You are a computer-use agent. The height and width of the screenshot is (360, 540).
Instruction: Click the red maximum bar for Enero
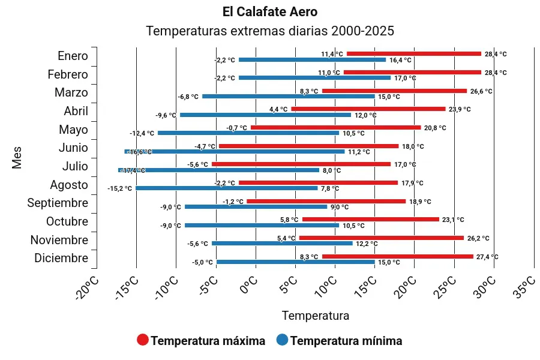coord(414,54)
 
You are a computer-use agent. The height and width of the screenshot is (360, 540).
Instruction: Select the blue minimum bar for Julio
coord(219,170)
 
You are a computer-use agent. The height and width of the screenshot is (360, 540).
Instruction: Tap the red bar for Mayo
coord(336,127)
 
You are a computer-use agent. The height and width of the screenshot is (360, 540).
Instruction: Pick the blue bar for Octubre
coord(262,226)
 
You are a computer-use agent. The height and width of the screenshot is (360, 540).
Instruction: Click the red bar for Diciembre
coord(397,256)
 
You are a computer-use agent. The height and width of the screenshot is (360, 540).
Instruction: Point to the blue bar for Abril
coord(265,115)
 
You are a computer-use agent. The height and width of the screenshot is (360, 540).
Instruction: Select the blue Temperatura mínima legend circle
coord(282,340)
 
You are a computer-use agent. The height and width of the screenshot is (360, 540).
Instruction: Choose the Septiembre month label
coord(58,203)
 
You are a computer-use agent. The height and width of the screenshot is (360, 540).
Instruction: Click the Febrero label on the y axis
coord(68,74)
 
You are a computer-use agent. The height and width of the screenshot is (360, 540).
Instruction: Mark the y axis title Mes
coord(17,157)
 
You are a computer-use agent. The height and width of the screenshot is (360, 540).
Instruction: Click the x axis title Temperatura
coord(315,315)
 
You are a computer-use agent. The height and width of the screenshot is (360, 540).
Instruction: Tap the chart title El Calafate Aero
coord(269,12)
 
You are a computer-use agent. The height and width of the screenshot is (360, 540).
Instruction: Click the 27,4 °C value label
coord(487,257)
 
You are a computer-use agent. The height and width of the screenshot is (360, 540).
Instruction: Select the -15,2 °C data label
coord(120,189)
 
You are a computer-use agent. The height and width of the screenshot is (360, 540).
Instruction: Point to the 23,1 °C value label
coord(453,220)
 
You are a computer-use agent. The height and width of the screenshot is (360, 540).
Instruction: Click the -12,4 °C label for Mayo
coord(142,133)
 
